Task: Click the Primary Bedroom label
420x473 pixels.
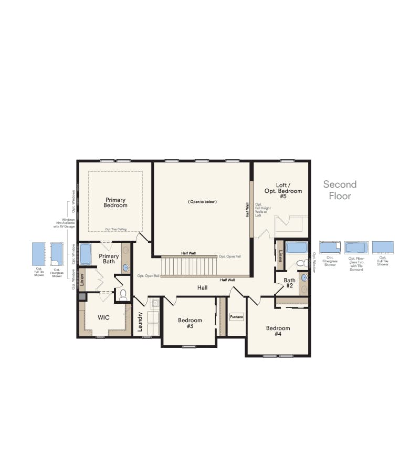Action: [116, 202]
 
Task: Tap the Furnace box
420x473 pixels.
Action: [236, 317]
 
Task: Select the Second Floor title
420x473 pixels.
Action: [340, 190]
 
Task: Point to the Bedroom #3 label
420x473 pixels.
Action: [190, 323]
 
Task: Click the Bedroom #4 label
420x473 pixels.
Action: [278, 331]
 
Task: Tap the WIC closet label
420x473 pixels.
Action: [103, 318]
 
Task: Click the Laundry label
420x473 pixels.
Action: [140, 321]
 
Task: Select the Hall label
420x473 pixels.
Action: [203, 287]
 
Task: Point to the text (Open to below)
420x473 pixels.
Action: [202, 202]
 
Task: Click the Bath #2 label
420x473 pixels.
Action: [290, 283]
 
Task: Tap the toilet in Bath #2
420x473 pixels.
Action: [301, 263]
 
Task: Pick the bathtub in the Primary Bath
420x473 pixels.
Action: [86, 254]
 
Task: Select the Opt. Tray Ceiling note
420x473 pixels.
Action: [115, 229]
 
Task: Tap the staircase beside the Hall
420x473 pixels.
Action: [188, 266]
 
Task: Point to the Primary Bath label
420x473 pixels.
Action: [109, 259]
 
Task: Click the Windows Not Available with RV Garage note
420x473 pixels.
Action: [69, 225]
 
